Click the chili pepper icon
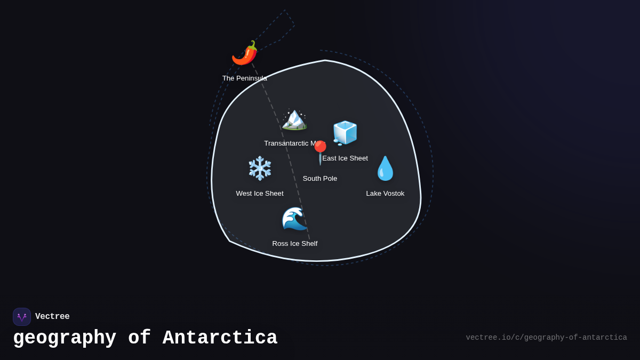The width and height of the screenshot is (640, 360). pos(245,53)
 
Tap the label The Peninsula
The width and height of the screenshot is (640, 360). pos(245,78)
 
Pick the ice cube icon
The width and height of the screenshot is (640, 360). pos(345,133)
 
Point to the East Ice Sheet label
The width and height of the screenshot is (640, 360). pos(345,158)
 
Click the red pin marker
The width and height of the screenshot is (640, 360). pos(320,151)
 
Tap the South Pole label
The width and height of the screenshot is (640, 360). pos(320,179)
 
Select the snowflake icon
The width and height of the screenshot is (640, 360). pos(260,169)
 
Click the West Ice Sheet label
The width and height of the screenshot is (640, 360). pos(260,194)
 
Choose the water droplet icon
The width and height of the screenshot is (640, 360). pos(385,169)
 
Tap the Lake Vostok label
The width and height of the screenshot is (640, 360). pos(385,194)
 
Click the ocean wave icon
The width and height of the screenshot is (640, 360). pos(294,219)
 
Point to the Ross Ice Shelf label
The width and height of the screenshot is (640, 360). pos(295,244)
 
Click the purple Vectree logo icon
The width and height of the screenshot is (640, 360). pos(22,317)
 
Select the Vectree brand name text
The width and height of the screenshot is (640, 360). pos(52,317)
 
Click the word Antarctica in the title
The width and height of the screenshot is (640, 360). pos(220,338)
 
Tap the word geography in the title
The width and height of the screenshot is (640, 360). pos(65,338)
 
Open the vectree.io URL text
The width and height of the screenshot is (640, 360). pos(546,338)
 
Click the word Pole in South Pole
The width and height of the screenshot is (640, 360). pos(329,179)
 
